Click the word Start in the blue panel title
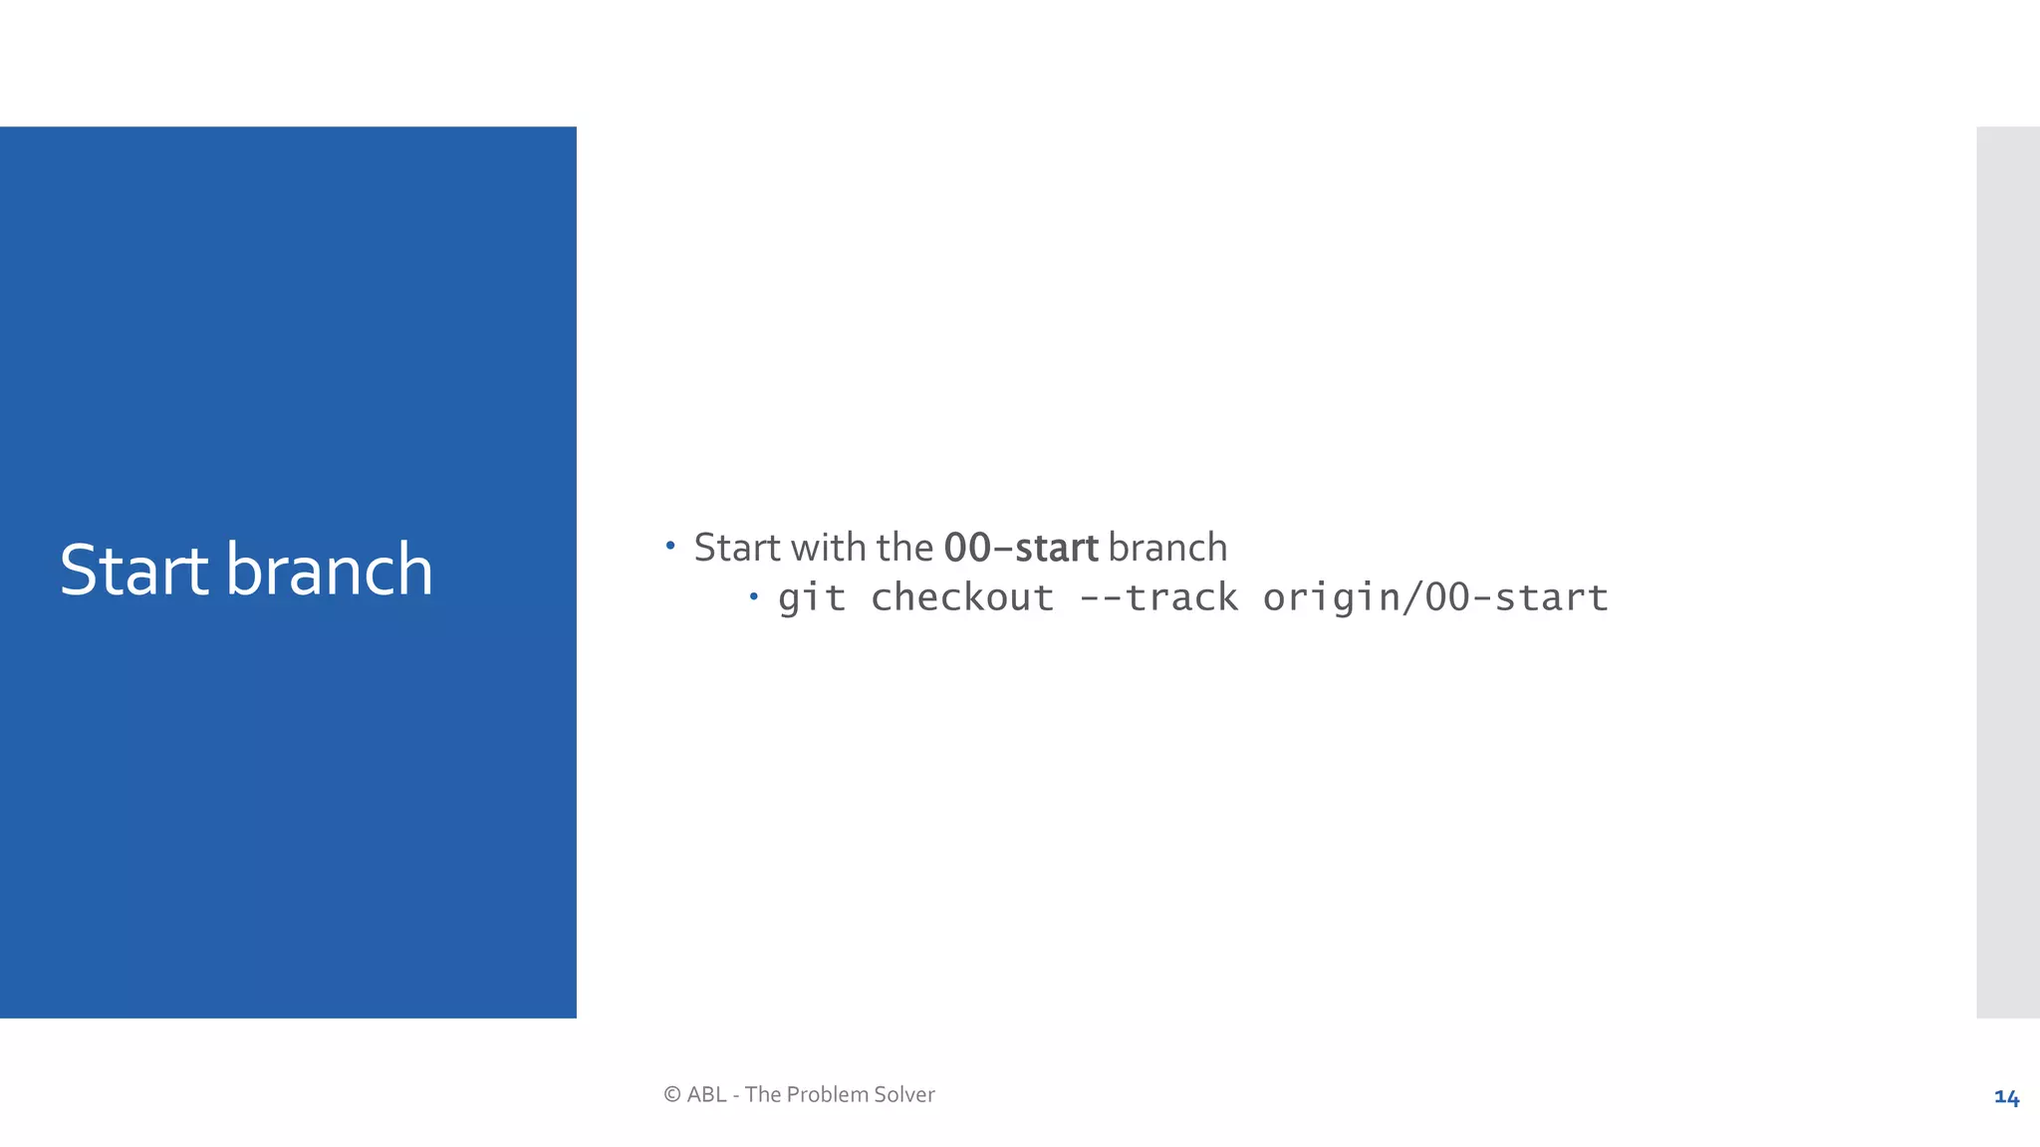[x=133, y=571]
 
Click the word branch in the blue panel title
[x=329, y=571]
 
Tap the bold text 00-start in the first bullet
[x=1020, y=549]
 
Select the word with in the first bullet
[x=828, y=549]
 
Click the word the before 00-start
[x=903, y=549]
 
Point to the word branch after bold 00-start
[x=1166, y=549]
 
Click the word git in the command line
[x=812, y=598]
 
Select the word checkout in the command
[x=961, y=598]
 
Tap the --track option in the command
[x=1158, y=598]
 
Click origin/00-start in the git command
[x=1435, y=598]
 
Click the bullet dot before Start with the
[x=670, y=546]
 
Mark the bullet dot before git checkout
[x=754, y=596]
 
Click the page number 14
[x=2006, y=1097]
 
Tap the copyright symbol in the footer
[x=672, y=1095]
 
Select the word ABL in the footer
[x=706, y=1095]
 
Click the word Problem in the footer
[x=827, y=1095]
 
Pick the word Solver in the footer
[x=903, y=1095]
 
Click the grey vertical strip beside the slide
[x=2007, y=572]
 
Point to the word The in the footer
[x=762, y=1095]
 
